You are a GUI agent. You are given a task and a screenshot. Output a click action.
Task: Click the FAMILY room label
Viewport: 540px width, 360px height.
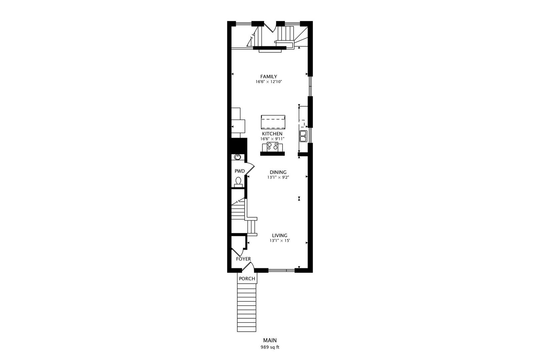coord(269,76)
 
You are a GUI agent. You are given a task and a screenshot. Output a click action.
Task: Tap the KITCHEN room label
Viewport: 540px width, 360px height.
coord(272,134)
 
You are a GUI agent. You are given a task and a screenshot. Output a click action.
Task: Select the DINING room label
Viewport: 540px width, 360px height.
coord(278,172)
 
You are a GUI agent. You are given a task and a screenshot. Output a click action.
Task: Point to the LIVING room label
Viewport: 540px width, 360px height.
coord(280,235)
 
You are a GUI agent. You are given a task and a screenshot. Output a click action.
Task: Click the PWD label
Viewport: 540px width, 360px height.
coord(240,171)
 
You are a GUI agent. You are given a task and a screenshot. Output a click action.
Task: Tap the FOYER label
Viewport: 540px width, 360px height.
coord(243,259)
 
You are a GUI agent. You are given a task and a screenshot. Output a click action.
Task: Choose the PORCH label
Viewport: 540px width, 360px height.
coord(247,279)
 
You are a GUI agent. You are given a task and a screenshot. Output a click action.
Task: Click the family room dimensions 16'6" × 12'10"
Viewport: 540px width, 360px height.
coord(269,82)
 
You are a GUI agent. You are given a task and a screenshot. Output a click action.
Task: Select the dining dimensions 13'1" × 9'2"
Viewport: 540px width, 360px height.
coord(278,177)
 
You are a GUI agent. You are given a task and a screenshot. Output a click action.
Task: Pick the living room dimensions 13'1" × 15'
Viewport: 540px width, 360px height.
coord(280,241)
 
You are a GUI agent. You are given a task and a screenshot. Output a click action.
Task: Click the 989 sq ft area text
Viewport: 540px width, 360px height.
coord(270,347)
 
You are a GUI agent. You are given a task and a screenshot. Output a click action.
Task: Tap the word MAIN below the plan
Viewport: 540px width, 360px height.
coord(270,340)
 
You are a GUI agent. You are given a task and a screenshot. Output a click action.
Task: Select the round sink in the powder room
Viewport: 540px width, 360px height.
coord(238,157)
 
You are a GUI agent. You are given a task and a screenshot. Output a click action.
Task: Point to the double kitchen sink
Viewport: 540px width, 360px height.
coord(303,136)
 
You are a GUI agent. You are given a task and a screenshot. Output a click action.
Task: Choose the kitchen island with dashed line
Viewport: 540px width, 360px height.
coord(273,122)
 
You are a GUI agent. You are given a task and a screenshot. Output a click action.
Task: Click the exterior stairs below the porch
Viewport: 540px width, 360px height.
coord(246,307)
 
